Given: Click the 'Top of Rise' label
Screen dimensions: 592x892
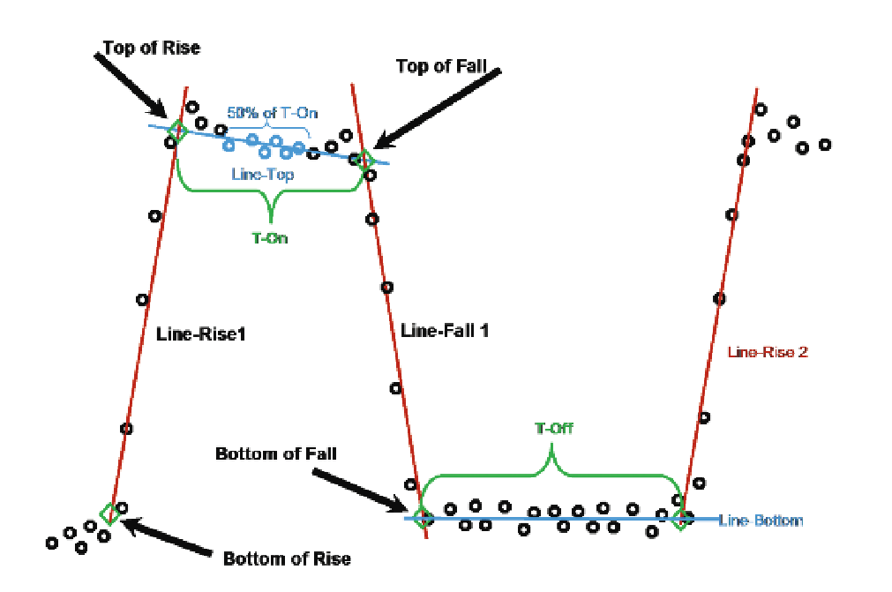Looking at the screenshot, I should click(x=152, y=48).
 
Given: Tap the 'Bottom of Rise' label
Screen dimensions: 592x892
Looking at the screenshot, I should click(x=287, y=558).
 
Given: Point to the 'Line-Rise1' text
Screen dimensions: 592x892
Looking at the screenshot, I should click(x=199, y=336).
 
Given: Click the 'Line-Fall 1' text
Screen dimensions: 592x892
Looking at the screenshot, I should click(x=445, y=331).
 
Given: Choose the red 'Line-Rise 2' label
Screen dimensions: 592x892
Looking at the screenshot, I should click(x=768, y=351).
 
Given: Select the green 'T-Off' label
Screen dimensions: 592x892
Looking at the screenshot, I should click(x=553, y=429).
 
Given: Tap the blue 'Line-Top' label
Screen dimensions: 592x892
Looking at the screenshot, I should click(x=263, y=175).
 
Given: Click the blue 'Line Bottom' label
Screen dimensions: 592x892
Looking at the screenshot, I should click(x=761, y=521).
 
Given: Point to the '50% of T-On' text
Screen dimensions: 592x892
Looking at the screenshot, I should click(x=273, y=112).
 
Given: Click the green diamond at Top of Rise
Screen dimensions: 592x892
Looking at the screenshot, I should click(x=177, y=131).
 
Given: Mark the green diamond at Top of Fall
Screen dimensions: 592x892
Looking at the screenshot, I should click(x=364, y=160).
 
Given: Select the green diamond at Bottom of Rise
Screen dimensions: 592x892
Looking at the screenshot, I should click(x=109, y=513).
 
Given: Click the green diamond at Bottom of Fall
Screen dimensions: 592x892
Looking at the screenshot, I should click(x=423, y=517).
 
